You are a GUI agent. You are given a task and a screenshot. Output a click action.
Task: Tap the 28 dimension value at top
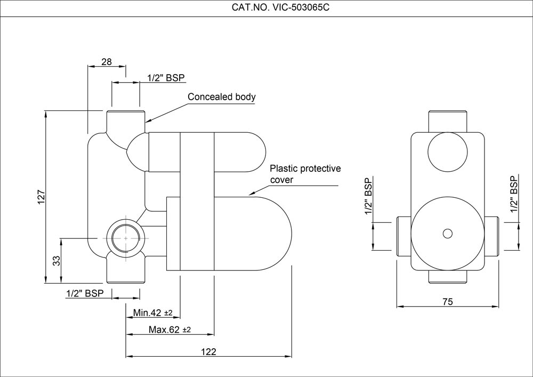coord(107,62)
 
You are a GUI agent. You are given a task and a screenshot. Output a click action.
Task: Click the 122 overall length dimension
coord(209,351)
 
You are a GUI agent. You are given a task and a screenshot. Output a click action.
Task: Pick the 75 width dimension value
coord(448,302)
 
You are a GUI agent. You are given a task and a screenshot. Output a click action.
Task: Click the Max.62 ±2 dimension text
coord(169,330)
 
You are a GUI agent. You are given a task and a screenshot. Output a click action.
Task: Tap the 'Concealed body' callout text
coord(222,97)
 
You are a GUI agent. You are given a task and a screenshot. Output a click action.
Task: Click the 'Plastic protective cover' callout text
coord(305,174)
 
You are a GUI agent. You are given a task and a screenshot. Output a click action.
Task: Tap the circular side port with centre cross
coord(126,238)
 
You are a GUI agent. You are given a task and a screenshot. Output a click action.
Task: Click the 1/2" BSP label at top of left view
coord(166,78)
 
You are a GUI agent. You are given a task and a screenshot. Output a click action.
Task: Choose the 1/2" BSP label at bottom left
coord(85,293)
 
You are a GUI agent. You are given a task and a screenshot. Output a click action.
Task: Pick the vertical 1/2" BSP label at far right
coord(514,194)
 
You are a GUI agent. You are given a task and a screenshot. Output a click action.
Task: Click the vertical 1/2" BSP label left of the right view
coord(368,196)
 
